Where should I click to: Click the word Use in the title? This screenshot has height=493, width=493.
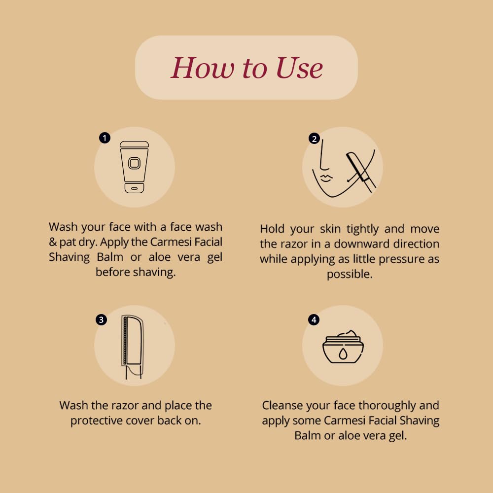[x=299, y=68]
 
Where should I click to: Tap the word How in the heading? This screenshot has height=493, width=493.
[x=203, y=68]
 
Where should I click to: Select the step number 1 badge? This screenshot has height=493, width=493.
[x=105, y=138]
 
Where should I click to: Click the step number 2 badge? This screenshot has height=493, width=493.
[x=314, y=139]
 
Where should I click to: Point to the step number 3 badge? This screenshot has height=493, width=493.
[x=101, y=320]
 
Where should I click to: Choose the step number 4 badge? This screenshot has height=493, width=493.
[x=314, y=320]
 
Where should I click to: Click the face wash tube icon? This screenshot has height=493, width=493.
[x=134, y=167]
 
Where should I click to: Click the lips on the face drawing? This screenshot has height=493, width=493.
[x=326, y=177]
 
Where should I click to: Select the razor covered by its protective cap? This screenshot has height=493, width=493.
[x=132, y=347]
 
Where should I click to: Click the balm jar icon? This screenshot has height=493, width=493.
[x=343, y=347]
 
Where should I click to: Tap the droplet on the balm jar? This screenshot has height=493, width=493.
[x=343, y=353]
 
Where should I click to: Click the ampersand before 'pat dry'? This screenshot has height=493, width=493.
[x=53, y=242]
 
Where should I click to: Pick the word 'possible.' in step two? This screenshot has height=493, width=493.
[x=350, y=274]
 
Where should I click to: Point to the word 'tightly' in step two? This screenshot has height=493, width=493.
[x=362, y=229]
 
